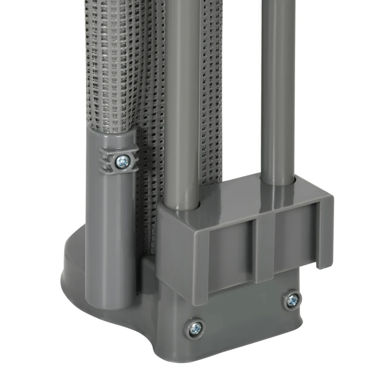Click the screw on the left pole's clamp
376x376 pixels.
[122, 162]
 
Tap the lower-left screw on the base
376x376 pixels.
[196, 328]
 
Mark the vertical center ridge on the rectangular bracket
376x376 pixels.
[258, 249]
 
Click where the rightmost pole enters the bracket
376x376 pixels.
[278, 180]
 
